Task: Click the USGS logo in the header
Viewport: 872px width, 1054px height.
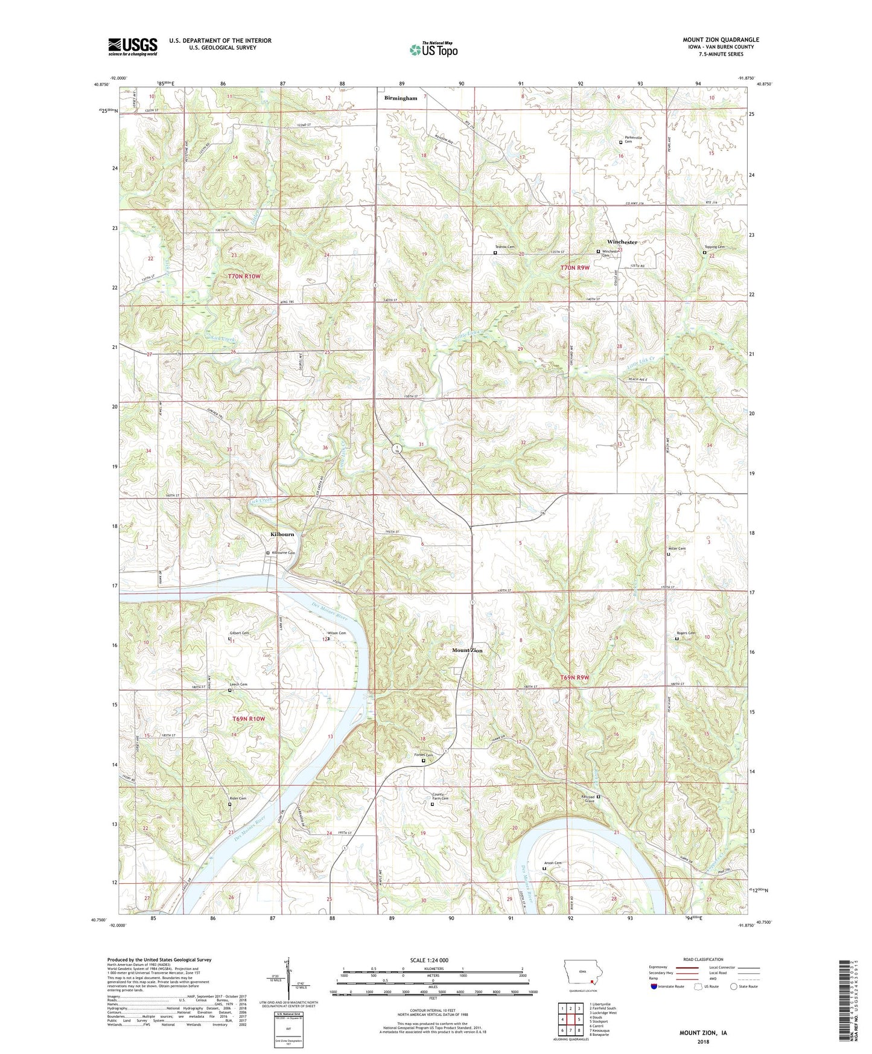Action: [132, 46]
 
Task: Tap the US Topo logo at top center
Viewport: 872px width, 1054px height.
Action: [433, 50]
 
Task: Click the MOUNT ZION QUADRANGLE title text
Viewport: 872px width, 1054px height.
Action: [721, 40]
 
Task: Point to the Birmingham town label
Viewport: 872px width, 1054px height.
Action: [401, 98]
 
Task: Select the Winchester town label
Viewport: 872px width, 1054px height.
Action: [622, 242]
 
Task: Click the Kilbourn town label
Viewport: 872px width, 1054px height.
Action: [282, 534]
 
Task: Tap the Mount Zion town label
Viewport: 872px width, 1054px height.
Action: [468, 650]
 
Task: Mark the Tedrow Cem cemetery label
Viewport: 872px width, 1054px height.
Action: [505, 247]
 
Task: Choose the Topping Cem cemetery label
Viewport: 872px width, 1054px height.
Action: [714, 247]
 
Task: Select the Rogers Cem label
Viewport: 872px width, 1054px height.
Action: [685, 633]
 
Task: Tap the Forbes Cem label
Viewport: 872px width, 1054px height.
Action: [423, 755]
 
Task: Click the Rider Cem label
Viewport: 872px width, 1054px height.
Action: [238, 799]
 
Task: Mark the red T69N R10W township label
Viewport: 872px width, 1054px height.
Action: [249, 718]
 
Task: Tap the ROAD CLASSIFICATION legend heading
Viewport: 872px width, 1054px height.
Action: [704, 959]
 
